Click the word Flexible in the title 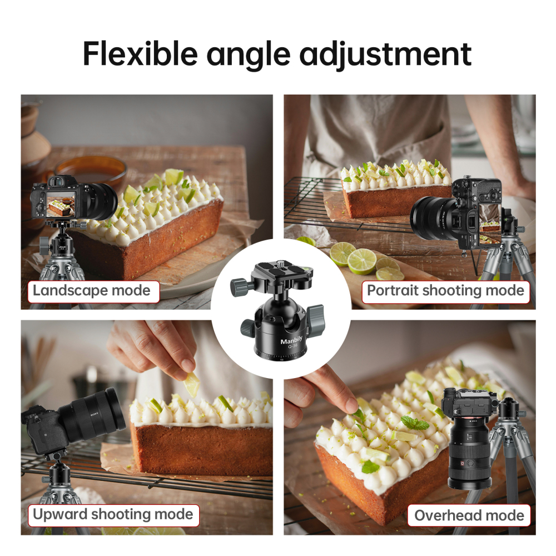140,53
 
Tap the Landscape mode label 92,290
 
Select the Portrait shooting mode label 445,290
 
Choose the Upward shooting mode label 113,514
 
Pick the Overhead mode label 469,515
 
